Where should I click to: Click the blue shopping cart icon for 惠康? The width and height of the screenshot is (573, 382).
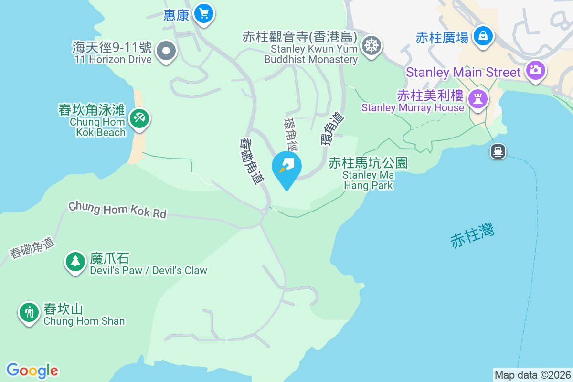(x=204, y=14)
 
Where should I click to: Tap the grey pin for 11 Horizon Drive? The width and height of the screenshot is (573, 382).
(x=166, y=51)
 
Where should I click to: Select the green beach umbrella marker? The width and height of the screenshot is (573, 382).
(x=139, y=117)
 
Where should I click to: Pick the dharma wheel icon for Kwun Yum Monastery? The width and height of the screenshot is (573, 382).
(x=371, y=46)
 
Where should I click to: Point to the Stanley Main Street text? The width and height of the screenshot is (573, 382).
(x=463, y=73)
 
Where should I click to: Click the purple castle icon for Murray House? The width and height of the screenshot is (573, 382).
(x=477, y=99)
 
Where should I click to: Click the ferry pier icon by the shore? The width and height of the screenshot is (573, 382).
(x=498, y=151)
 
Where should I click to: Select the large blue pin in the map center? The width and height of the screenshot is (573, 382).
(x=286, y=167)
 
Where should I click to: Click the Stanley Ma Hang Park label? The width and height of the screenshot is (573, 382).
(x=368, y=174)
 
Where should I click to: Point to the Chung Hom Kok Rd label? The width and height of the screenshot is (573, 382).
(x=117, y=210)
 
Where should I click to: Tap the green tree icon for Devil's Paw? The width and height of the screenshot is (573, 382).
(x=75, y=261)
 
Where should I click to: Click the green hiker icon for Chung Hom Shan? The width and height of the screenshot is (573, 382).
(x=29, y=312)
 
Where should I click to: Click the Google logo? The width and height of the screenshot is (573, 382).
(x=32, y=371)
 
